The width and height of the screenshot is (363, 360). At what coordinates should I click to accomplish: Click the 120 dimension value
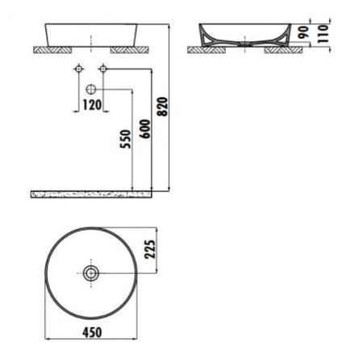coord(91,105)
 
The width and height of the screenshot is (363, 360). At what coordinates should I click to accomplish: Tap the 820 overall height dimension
coord(166,105)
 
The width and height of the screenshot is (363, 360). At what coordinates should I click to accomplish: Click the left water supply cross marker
coord(77,68)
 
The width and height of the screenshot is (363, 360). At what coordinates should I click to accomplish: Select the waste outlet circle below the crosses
coord(91,87)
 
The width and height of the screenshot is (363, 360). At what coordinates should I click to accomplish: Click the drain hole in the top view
coord(91,274)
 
